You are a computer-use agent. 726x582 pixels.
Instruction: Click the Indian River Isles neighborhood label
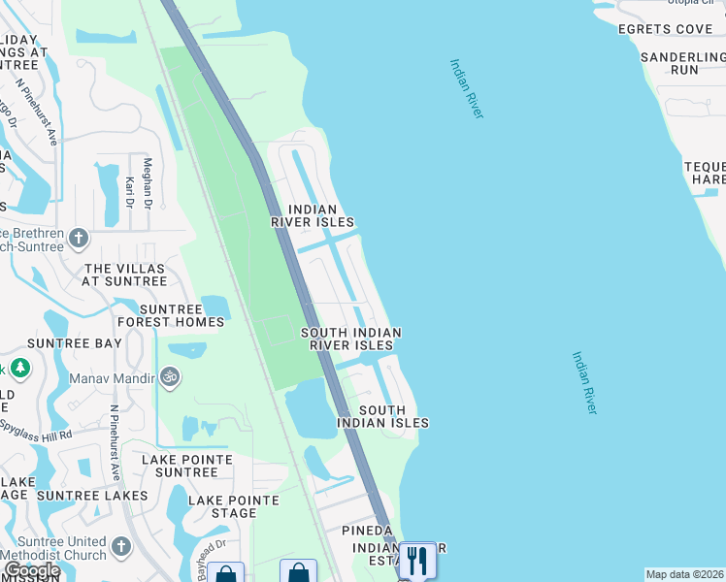(313, 215)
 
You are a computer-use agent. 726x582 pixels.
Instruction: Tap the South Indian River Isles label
(350, 339)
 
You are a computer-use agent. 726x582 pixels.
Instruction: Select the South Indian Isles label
(382, 416)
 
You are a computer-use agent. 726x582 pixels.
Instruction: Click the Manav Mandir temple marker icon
(170, 375)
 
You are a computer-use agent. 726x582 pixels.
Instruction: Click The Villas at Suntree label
(126, 275)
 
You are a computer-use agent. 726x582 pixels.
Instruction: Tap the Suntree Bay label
(75, 343)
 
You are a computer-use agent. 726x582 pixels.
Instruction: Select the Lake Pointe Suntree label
(187, 466)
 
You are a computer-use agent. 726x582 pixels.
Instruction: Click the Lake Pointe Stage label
(234, 506)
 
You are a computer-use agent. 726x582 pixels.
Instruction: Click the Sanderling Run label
(683, 64)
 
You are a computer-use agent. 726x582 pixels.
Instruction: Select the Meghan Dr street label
(148, 184)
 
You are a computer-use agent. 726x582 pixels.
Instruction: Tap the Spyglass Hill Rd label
(37, 430)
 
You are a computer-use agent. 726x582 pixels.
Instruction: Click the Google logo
(31, 570)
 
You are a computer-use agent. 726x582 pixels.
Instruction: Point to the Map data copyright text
(685, 574)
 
